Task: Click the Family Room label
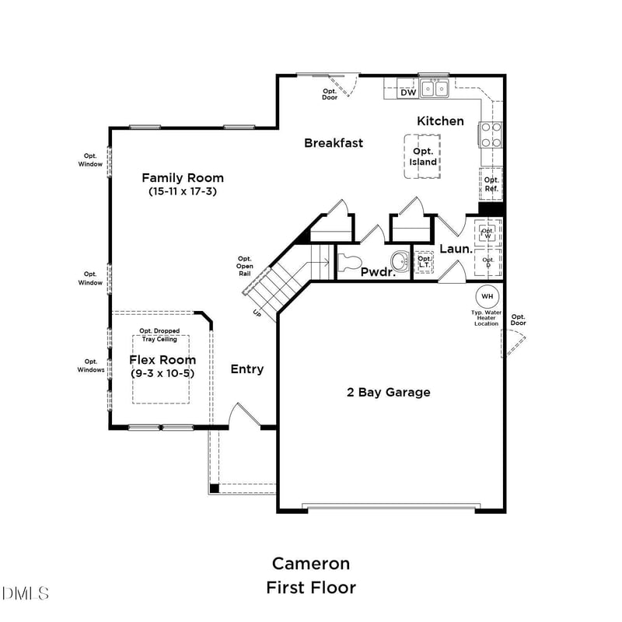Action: [182, 177]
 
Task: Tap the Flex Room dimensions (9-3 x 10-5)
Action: [162, 373]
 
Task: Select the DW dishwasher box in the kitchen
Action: [408, 92]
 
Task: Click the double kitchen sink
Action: [435, 89]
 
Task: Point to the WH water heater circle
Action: [487, 296]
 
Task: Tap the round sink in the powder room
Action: [400, 259]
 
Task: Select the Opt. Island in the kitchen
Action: [424, 156]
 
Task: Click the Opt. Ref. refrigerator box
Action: [491, 183]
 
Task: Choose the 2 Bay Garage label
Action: [388, 392]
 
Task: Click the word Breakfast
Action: [334, 142]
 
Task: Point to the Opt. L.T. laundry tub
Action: [424, 262]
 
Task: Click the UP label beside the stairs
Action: [257, 313]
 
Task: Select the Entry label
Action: [247, 369]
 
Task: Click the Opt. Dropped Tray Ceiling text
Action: [159, 334]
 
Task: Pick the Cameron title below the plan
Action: [310, 563]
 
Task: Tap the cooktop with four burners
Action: [491, 135]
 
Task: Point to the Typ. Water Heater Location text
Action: [487, 317]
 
